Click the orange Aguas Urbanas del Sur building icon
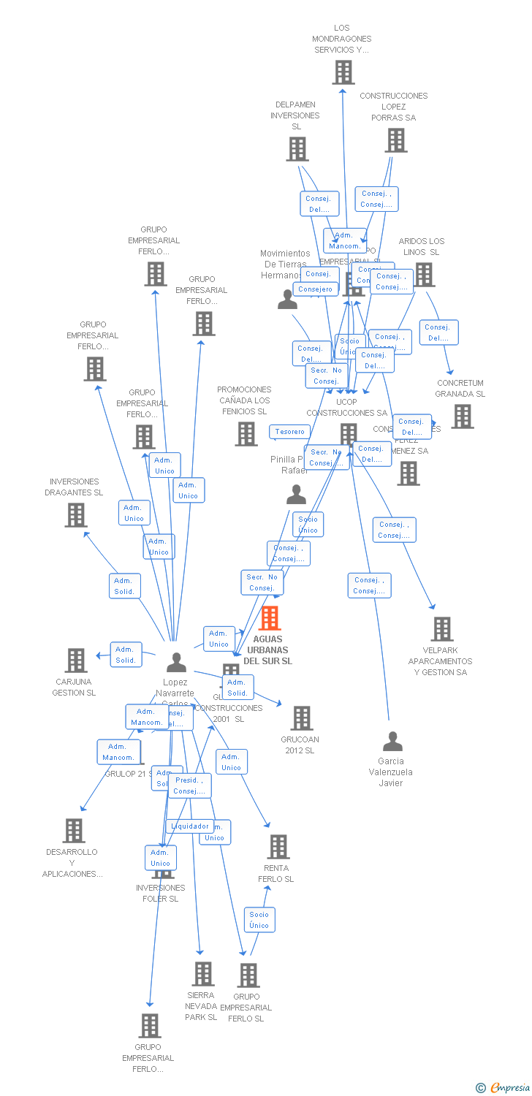[270, 618]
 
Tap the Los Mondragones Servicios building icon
[343, 72]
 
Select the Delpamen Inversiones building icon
[297, 149]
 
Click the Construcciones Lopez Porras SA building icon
[396, 140]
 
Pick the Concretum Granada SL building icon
[462, 416]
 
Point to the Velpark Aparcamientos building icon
[441, 629]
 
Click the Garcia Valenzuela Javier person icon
[392, 742]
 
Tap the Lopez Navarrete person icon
[176, 663]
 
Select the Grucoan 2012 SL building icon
[302, 718]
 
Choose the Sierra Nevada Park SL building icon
[202, 973]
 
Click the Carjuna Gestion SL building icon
[76, 661]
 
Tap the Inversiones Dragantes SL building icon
[76, 515]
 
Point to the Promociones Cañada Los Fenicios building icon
[246, 434]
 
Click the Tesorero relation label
[290, 432]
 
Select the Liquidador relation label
[190, 826]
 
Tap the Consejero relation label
[316, 289]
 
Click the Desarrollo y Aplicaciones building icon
[74, 831]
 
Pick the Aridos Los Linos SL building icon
[424, 275]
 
